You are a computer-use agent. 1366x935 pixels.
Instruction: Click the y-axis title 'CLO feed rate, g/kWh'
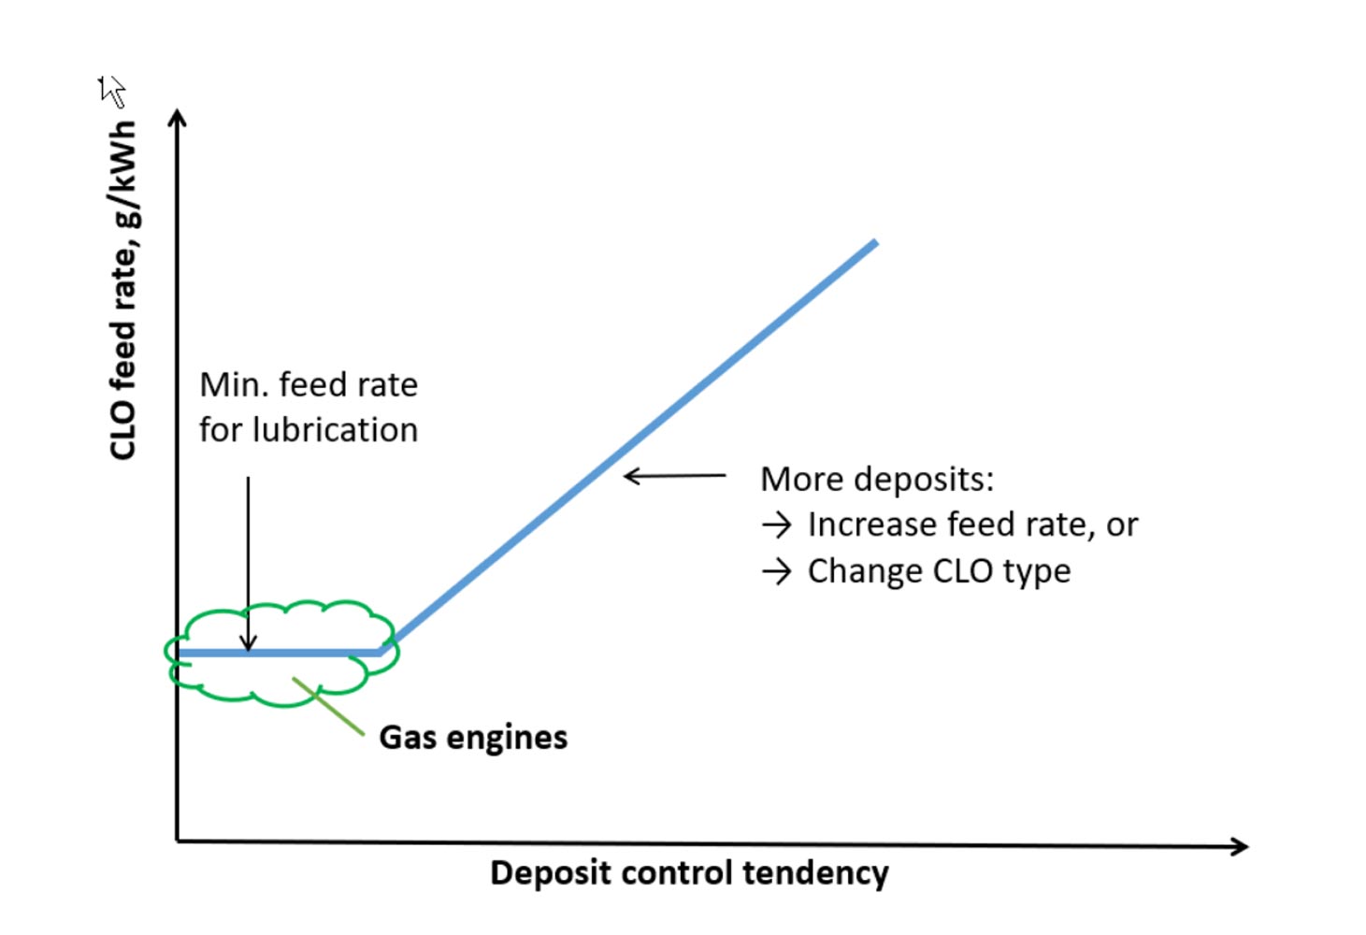123,290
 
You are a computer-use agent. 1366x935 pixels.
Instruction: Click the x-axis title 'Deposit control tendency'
689,872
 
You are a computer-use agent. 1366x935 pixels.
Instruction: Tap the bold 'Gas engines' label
473,737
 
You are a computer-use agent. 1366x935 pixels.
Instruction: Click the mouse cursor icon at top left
111,91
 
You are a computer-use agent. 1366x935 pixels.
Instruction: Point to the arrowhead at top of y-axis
177,117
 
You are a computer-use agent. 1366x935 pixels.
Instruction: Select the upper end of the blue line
873,243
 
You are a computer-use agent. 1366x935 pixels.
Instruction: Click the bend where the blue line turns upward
381,652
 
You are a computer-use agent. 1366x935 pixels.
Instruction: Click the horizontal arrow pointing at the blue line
673,476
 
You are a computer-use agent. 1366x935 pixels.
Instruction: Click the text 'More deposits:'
877,479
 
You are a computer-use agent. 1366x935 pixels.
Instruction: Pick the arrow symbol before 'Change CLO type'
776,571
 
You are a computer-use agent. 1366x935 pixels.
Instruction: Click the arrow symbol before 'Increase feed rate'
776,525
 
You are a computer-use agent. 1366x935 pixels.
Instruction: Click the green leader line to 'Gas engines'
329,707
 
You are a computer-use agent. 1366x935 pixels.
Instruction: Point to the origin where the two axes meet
178,841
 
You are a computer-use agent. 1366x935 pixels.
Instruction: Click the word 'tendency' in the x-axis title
815,872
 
